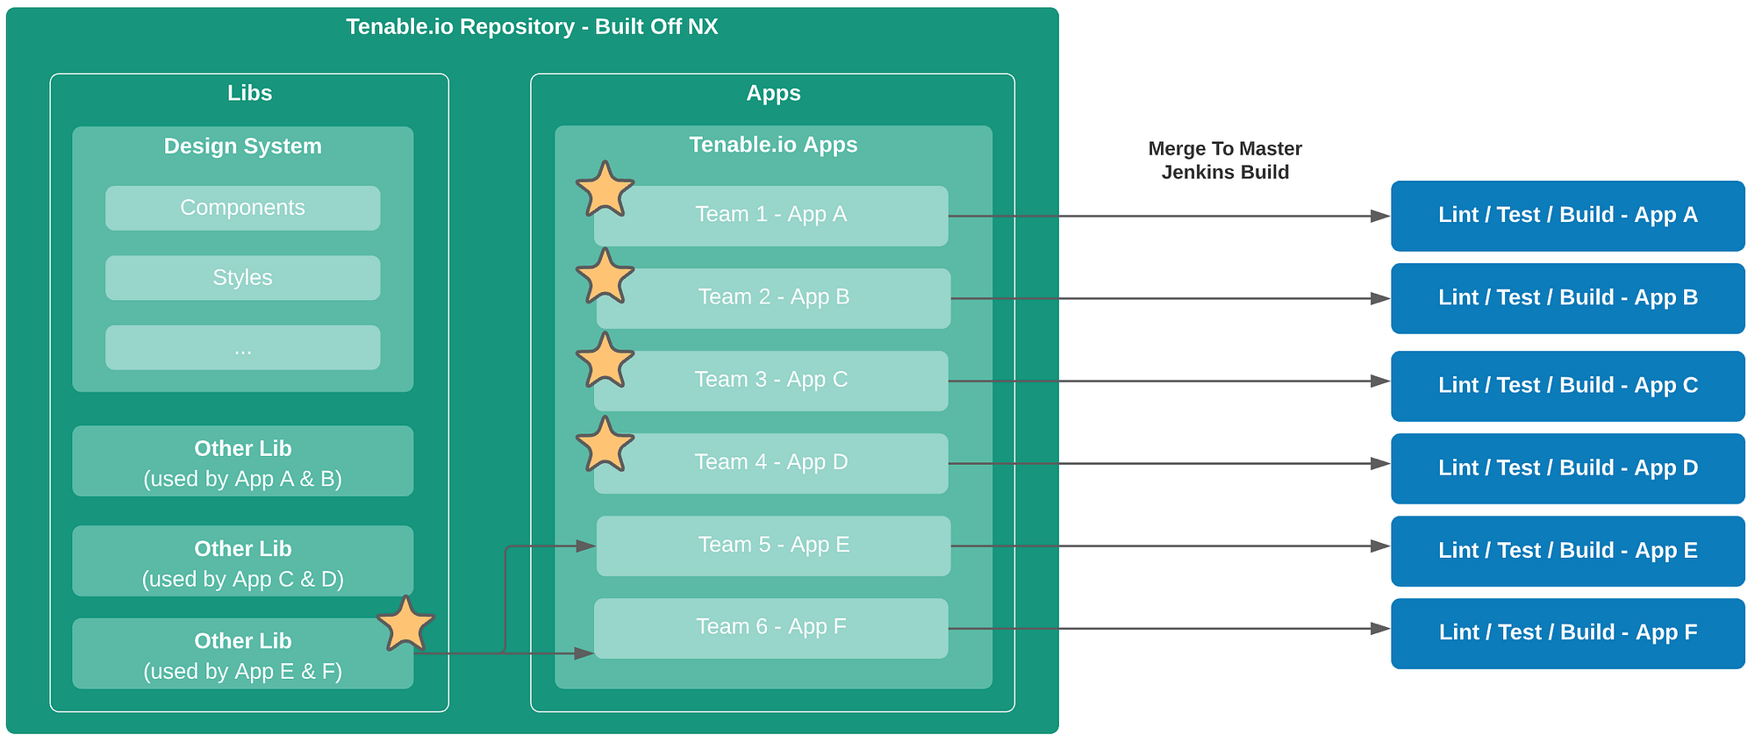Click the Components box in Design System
[243, 208]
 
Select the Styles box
[243, 278]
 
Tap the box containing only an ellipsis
[243, 348]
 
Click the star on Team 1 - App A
[605, 190]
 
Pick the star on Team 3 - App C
[605, 361]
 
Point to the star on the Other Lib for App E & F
[406, 624]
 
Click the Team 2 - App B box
[773, 298]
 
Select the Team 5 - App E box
[773, 546]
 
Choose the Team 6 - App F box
[771, 628]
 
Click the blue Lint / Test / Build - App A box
[1568, 216]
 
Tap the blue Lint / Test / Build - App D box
[1568, 468]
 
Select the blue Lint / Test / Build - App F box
[1568, 633]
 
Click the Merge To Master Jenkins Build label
[1225, 161]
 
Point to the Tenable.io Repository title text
[532, 27]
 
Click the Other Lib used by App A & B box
[243, 461]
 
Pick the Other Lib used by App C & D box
[243, 561]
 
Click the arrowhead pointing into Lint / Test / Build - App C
[1380, 382]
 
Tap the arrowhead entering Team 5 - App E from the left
[585, 546]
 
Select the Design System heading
[243, 146]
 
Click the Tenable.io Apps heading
[773, 145]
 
